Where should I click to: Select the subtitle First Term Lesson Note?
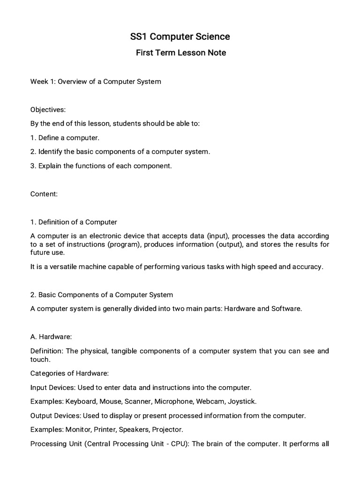180,53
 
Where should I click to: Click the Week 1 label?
43,82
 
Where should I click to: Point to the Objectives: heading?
48,110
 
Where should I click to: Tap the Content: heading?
44,194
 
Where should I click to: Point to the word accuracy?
307,267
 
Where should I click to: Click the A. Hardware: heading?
51,337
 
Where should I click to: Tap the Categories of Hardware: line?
69,374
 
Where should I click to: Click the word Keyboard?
79,402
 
